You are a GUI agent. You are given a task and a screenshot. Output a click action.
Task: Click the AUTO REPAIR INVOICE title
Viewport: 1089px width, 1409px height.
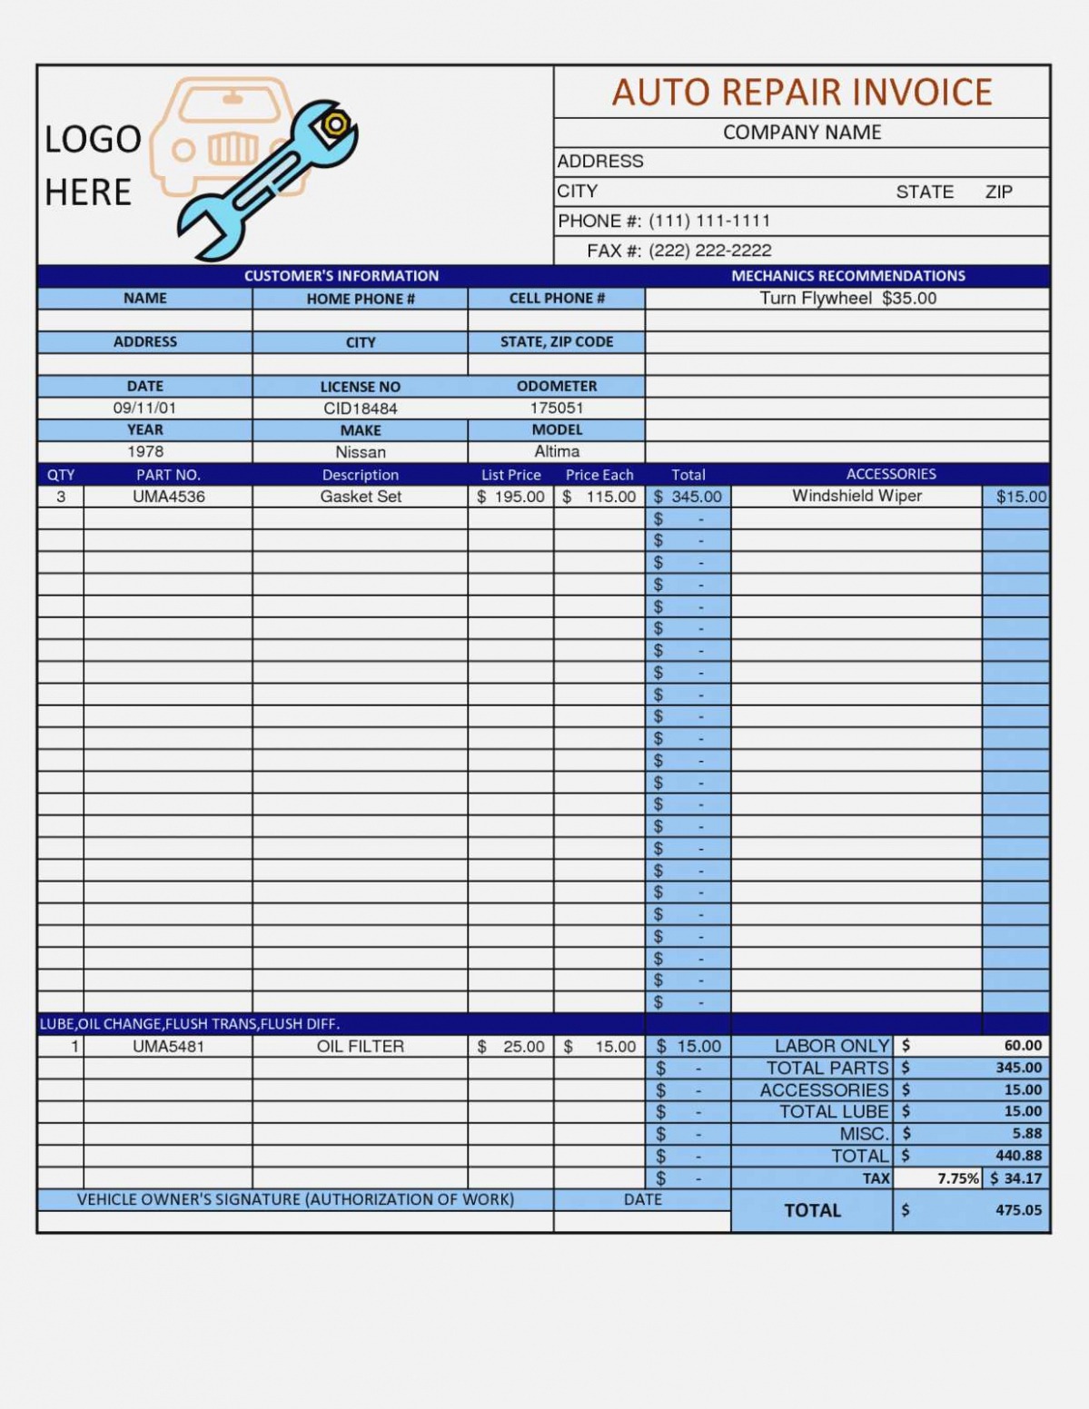tap(801, 93)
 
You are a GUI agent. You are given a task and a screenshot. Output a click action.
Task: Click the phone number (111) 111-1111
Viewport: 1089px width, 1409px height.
tap(708, 221)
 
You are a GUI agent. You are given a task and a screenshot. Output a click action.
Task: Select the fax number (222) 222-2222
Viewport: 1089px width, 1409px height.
tap(709, 251)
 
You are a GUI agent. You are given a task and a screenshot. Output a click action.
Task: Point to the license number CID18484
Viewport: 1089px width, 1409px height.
tap(361, 409)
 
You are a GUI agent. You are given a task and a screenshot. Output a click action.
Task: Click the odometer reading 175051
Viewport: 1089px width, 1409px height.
tap(557, 408)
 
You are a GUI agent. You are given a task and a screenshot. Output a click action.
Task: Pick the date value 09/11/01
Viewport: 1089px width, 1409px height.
tap(144, 409)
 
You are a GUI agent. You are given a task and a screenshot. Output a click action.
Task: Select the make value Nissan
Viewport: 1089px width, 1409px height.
tap(361, 452)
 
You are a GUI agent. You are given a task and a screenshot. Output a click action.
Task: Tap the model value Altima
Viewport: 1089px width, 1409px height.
tap(557, 451)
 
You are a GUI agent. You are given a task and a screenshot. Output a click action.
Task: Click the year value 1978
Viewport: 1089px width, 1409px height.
tap(145, 451)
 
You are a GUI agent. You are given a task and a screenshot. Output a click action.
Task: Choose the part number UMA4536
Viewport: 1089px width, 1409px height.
tap(168, 497)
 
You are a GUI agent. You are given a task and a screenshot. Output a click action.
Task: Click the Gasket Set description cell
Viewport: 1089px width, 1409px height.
tap(361, 497)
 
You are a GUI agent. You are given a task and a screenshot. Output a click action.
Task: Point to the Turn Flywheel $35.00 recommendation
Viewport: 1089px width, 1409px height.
tap(847, 299)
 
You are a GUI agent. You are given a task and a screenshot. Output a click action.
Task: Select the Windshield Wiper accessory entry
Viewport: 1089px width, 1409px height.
tap(856, 496)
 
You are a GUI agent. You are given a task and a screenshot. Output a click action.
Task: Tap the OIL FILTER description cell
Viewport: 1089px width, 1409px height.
tap(361, 1047)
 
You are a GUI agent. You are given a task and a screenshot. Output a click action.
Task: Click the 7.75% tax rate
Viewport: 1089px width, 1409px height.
tap(957, 1178)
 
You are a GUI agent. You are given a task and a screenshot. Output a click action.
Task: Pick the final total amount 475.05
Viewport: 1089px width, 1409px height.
tap(1018, 1210)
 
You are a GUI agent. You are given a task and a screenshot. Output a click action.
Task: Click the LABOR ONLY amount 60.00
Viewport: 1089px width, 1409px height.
tap(1023, 1046)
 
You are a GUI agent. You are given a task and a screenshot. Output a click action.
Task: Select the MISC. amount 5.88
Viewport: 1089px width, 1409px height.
tap(1026, 1134)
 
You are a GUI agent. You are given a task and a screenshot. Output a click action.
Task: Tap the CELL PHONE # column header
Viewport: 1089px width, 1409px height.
tap(557, 299)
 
